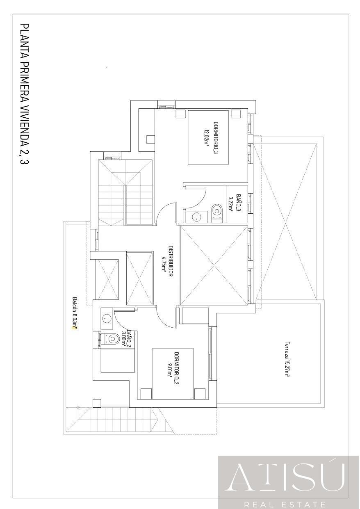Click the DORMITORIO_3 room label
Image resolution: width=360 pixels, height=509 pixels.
pos(216,138)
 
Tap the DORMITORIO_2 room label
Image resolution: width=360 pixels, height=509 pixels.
pos(177,368)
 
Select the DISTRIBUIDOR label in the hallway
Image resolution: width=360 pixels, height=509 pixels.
pos(171,261)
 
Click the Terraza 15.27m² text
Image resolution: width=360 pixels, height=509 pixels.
pos(287,359)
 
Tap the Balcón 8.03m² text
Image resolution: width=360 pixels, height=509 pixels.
pos(75,313)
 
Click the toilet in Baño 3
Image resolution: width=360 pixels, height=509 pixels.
pos(218,212)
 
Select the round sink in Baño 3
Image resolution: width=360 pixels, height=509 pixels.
pos(196,217)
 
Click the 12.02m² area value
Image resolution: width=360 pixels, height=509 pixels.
pos(207,138)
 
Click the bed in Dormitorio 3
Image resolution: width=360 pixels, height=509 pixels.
pos(208,137)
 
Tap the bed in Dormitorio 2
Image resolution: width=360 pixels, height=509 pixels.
pos(173,373)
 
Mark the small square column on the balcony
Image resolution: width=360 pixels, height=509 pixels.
pos(97,403)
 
